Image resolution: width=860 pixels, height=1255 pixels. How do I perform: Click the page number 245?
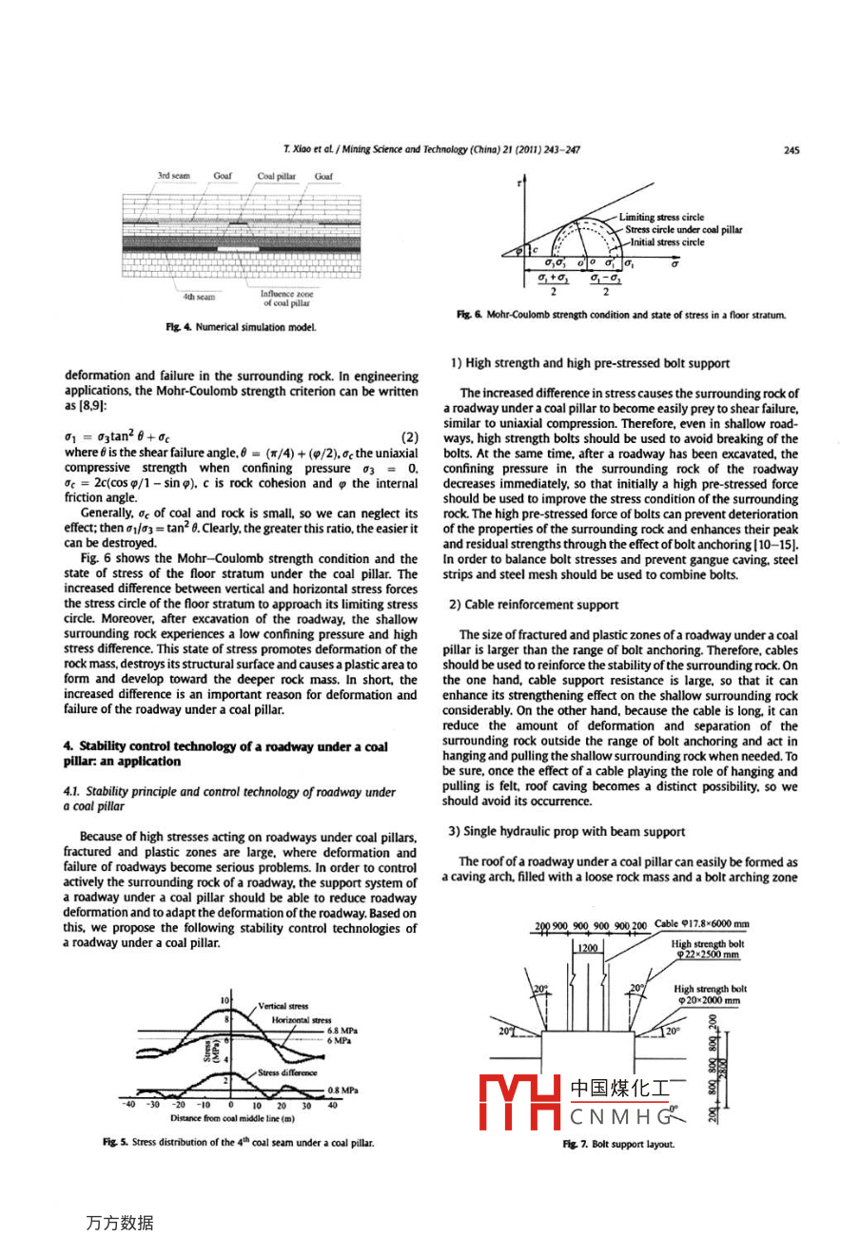792,149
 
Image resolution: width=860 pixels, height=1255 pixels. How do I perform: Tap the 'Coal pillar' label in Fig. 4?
276,176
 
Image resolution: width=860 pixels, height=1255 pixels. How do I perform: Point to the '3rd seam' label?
173,176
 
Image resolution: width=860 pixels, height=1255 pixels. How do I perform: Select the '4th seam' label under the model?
199,297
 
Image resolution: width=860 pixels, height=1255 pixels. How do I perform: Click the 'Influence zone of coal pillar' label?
286,299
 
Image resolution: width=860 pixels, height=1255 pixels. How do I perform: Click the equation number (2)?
409,437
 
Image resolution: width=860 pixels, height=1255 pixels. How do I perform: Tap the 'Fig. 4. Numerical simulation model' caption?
241,327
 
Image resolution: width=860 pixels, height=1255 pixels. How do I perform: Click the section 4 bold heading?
225,754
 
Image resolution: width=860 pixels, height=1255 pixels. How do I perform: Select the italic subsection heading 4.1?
229,799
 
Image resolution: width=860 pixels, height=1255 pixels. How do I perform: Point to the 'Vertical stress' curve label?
283,1006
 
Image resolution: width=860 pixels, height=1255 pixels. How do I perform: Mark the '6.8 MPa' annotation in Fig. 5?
342,1031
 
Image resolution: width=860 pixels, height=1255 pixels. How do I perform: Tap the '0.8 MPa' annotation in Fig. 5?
342,1091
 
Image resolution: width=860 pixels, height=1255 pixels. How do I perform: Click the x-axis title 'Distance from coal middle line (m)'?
232,1119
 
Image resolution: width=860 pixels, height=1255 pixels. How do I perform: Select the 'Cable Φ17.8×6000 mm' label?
702,924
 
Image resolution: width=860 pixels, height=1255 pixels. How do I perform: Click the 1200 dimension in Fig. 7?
588,948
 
